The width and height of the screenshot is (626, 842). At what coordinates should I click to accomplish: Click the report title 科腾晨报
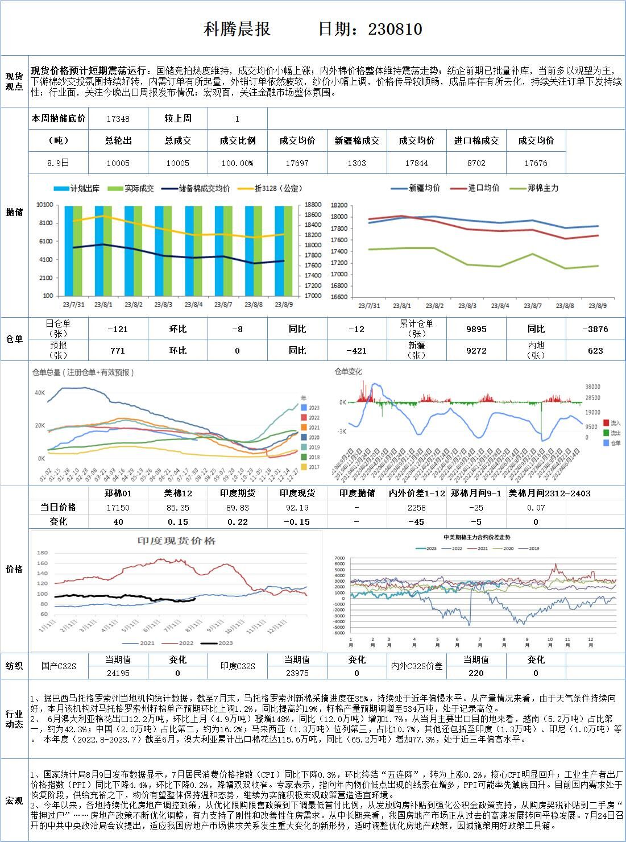click(237, 30)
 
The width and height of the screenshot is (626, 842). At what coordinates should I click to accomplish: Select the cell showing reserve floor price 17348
click(118, 119)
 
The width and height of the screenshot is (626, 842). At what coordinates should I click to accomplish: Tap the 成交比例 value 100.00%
click(237, 163)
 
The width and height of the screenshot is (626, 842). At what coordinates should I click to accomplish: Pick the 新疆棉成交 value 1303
click(356, 163)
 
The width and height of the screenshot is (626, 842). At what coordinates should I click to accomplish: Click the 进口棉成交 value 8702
click(476, 163)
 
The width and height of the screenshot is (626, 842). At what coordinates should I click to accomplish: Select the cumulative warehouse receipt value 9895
click(476, 329)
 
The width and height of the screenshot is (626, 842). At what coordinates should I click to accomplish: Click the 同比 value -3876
click(595, 329)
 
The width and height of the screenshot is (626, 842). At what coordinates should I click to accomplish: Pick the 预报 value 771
click(118, 351)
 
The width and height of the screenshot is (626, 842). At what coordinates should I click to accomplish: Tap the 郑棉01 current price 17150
click(118, 508)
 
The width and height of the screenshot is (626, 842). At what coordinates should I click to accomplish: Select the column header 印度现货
click(297, 493)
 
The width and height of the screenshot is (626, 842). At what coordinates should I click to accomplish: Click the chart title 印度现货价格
click(177, 541)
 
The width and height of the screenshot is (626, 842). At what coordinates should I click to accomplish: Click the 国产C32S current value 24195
click(118, 673)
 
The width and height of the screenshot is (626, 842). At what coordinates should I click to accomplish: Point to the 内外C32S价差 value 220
click(476, 673)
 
